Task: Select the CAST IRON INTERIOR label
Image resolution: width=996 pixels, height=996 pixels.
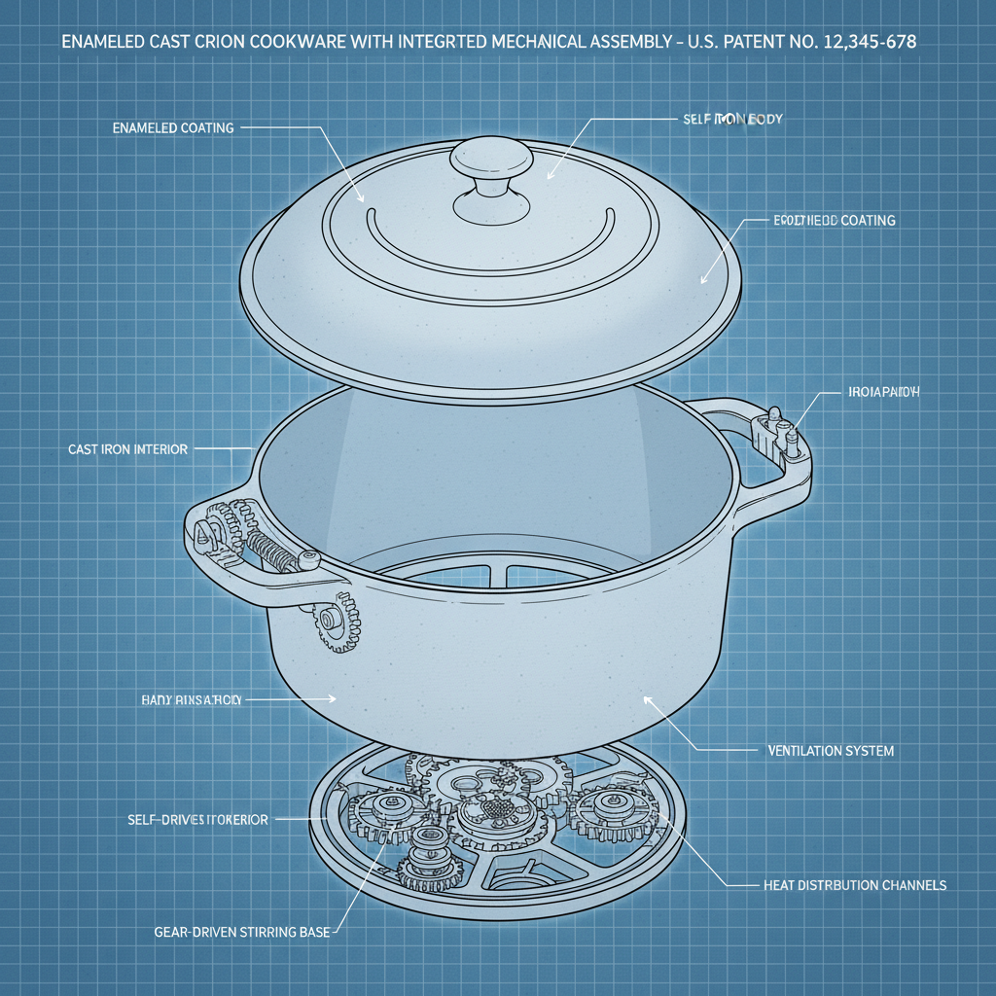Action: [127, 449]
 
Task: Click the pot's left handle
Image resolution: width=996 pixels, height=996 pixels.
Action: [219, 545]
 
